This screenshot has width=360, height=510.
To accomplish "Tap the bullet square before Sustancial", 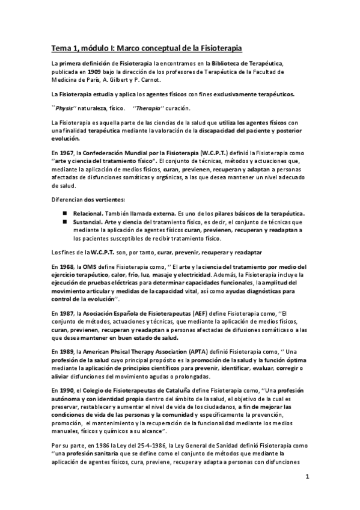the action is [x=64, y=223].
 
